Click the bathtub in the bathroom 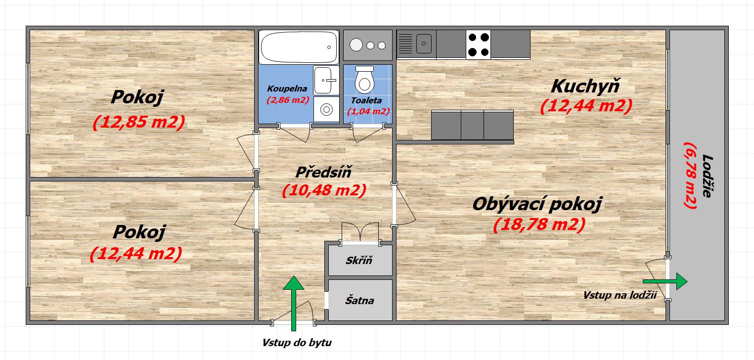[x=299, y=47]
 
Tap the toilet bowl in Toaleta [x=364, y=80]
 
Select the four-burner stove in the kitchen [x=478, y=45]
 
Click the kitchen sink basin [x=424, y=44]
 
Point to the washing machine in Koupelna [x=326, y=109]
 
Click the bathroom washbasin [x=326, y=80]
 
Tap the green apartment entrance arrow [x=294, y=303]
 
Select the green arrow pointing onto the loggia [x=665, y=281]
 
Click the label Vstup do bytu [x=297, y=343]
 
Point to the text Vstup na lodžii [x=620, y=295]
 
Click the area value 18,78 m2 [x=539, y=225]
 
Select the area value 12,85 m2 [x=139, y=122]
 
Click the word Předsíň [x=324, y=172]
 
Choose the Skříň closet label [x=359, y=260]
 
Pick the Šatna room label [x=359, y=300]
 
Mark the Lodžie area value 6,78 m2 [x=690, y=176]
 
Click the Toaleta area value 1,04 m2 [x=368, y=111]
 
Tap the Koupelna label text [x=287, y=89]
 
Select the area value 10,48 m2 [x=324, y=190]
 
